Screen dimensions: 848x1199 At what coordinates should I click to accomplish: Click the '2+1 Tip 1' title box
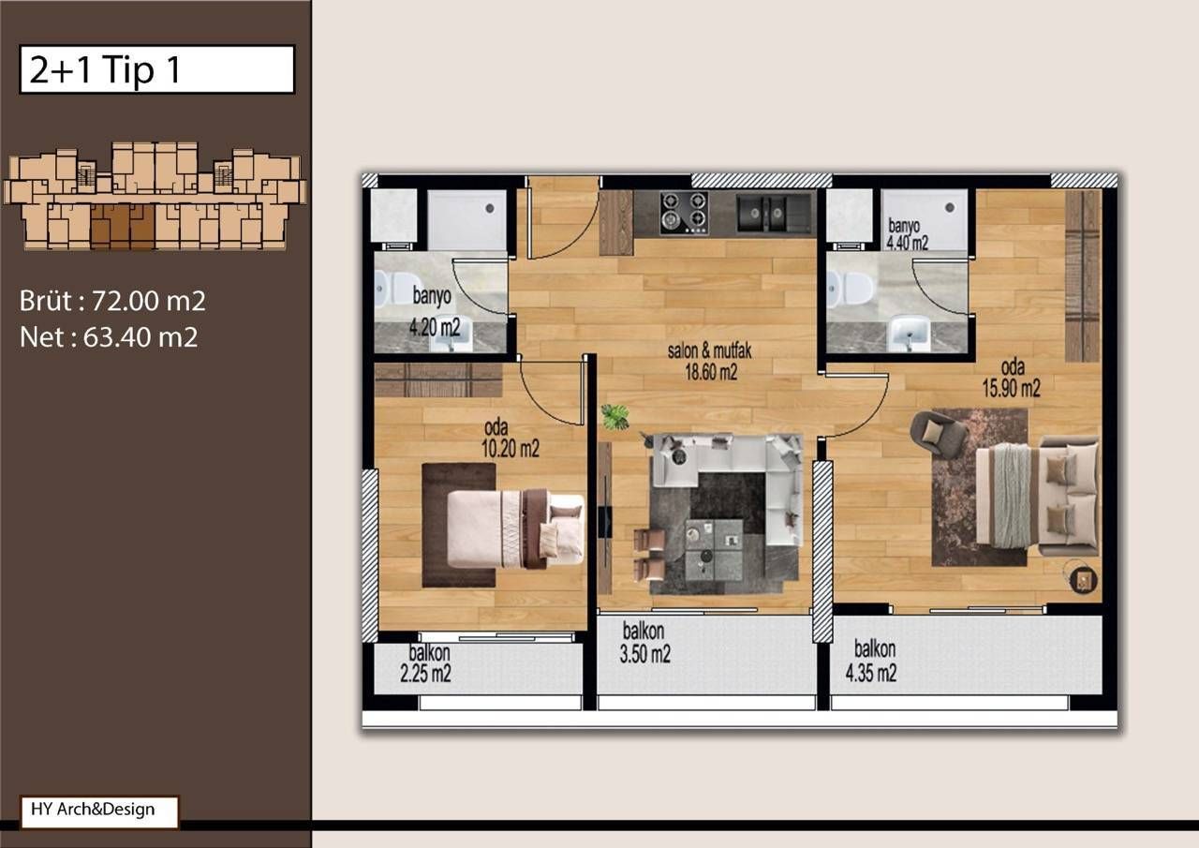[156, 69]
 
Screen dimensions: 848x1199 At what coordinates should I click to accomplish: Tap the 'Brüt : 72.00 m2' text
[112, 301]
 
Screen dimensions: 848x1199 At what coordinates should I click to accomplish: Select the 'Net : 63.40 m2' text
[109, 336]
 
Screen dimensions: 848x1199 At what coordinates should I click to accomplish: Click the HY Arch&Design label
[98, 811]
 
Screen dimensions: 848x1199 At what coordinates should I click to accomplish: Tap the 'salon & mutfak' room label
[710, 352]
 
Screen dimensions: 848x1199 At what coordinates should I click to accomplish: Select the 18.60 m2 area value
[710, 372]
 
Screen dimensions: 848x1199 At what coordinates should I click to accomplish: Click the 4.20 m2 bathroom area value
[435, 328]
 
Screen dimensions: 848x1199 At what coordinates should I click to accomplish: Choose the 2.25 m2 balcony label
[426, 674]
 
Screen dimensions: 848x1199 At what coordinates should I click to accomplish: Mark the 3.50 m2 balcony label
[645, 654]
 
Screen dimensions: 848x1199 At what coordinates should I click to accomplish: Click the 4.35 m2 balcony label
[873, 673]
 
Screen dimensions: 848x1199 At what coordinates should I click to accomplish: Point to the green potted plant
[615, 417]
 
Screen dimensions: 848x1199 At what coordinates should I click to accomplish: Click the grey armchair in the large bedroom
[938, 433]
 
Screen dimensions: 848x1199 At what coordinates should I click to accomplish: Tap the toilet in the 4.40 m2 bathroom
[852, 289]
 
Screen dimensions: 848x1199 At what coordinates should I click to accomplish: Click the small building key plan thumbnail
[155, 197]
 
